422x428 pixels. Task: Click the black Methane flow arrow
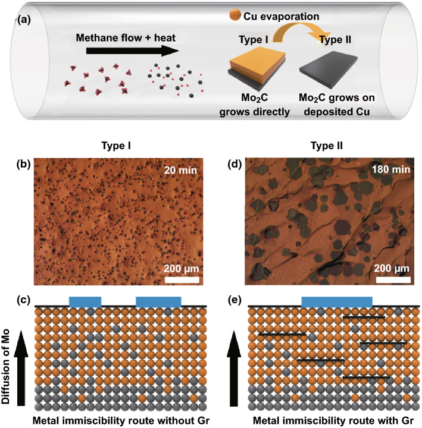[132, 52]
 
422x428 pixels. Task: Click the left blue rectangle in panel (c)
[85, 301]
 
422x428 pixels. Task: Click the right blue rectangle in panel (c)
[158, 301]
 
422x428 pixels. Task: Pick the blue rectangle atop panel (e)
[337, 301]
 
